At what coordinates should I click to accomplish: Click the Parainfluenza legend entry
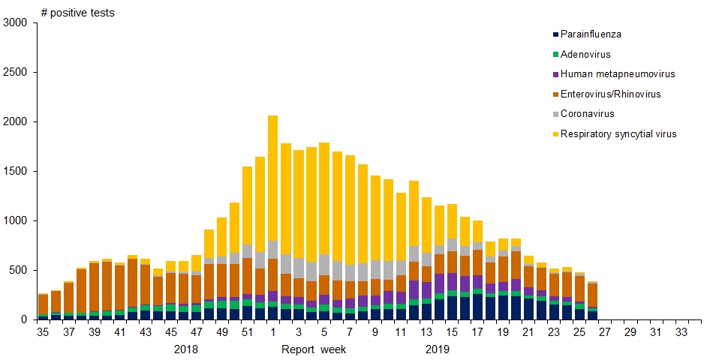pyautogui.click(x=591, y=34)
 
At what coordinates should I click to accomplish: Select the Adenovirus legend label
pyautogui.click(x=585, y=55)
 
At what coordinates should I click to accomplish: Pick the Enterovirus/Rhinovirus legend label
pyautogui.click(x=610, y=94)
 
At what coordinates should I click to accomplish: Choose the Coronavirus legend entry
pyautogui.click(x=587, y=114)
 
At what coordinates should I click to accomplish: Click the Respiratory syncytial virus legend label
pyautogui.click(x=618, y=134)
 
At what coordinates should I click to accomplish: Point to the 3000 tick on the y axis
pyautogui.click(x=16, y=23)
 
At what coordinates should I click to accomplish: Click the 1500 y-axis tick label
pyautogui.click(x=16, y=172)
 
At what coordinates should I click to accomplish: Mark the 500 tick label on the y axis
pyautogui.click(x=19, y=270)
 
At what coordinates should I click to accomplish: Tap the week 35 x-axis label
pyautogui.click(x=43, y=331)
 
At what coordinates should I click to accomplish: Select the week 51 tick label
pyautogui.click(x=247, y=331)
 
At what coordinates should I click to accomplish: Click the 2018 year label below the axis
pyautogui.click(x=186, y=349)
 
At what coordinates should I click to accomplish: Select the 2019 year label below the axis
pyautogui.click(x=437, y=349)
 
